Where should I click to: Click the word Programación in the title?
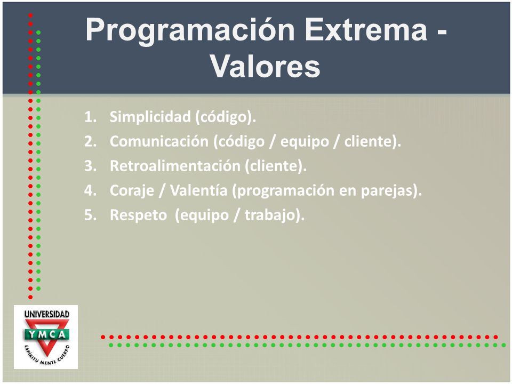point(190,30)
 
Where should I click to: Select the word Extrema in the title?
point(366,29)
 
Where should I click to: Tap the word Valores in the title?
point(265,66)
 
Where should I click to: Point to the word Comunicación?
point(159,141)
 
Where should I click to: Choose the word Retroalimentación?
point(175,165)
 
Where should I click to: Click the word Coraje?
point(132,191)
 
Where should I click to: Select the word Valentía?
point(198,190)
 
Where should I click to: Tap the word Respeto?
point(139,215)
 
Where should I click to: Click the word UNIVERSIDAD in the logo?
point(47,314)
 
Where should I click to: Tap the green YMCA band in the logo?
point(46,334)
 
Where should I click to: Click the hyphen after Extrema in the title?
point(442,33)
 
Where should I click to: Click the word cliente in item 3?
point(274,165)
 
